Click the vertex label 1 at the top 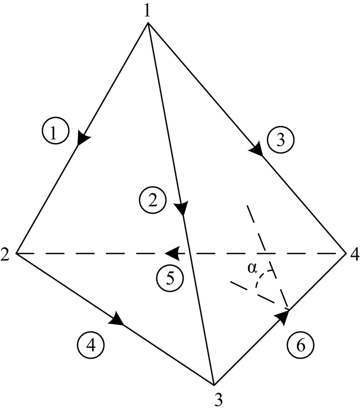[x=148, y=11]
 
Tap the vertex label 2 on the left [x=6, y=254]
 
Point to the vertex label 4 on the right [x=353, y=254]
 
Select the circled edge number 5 [x=170, y=278]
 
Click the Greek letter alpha [x=253, y=267]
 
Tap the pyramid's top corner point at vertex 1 [x=149, y=24]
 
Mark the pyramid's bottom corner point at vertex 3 [x=213, y=384]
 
